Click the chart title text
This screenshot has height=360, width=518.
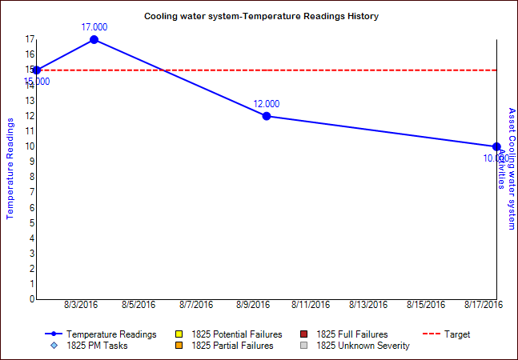(261, 16)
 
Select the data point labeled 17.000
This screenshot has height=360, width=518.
(94, 39)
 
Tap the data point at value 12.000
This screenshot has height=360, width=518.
(267, 116)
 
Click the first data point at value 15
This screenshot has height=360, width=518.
(37, 70)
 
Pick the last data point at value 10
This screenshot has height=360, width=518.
(496, 146)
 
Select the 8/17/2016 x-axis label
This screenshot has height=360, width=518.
(483, 305)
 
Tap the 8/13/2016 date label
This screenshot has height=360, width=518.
(368, 305)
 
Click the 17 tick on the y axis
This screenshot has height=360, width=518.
(30, 39)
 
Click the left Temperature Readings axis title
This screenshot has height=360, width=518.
(10, 168)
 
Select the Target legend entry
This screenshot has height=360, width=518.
(457, 334)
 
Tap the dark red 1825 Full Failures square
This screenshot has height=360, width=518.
(304, 334)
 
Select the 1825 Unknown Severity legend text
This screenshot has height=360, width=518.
(363, 346)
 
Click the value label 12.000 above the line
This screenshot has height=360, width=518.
(267, 104)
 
